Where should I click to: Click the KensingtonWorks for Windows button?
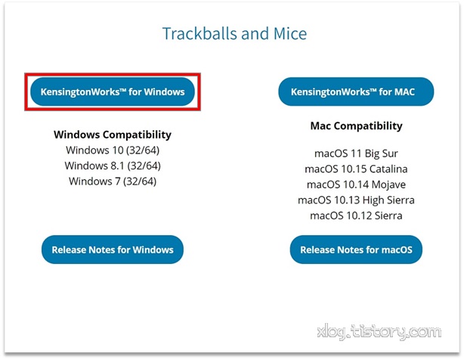pos(113,92)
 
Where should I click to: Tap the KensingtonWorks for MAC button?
pos(356,92)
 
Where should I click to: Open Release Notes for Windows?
pos(113,250)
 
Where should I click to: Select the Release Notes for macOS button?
pos(356,250)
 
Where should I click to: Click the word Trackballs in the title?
pos(200,33)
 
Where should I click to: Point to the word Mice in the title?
pos(290,33)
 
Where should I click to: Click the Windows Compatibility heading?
pos(113,135)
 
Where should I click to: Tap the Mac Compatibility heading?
pos(356,126)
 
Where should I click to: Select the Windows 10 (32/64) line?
pos(113,150)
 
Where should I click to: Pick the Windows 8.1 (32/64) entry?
pos(113,166)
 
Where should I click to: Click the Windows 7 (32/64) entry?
pos(113,181)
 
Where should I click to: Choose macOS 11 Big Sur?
pos(356,154)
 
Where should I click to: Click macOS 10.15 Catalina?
pos(356,169)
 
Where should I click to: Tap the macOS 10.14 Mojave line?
pos(356,185)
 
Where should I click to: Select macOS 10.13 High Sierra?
pos(356,200)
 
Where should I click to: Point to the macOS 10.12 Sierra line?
pos(356,216)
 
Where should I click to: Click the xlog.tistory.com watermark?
pos(379,332)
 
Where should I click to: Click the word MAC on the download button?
pos(404,92)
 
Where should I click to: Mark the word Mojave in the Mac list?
pos(388,185)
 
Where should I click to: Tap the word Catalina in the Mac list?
pos(388,169)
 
